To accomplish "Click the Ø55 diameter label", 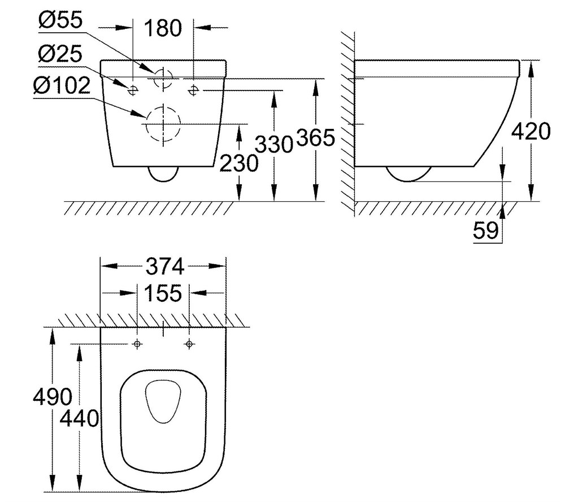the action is click(60, 20).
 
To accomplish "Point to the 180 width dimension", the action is click(163, 28).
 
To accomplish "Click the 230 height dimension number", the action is click(239, 163).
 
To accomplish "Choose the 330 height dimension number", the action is click(274, 144).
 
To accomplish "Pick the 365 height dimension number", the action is click(316, 138).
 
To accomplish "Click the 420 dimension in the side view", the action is click(531, 131).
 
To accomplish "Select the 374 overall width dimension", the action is click(164, 267).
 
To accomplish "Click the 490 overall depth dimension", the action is click(53, 397).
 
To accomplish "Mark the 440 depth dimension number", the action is click(79, 419).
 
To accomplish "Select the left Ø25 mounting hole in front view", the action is click(133, 90).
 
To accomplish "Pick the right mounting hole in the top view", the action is click(189, 344).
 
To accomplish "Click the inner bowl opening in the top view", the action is click(163, 401).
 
